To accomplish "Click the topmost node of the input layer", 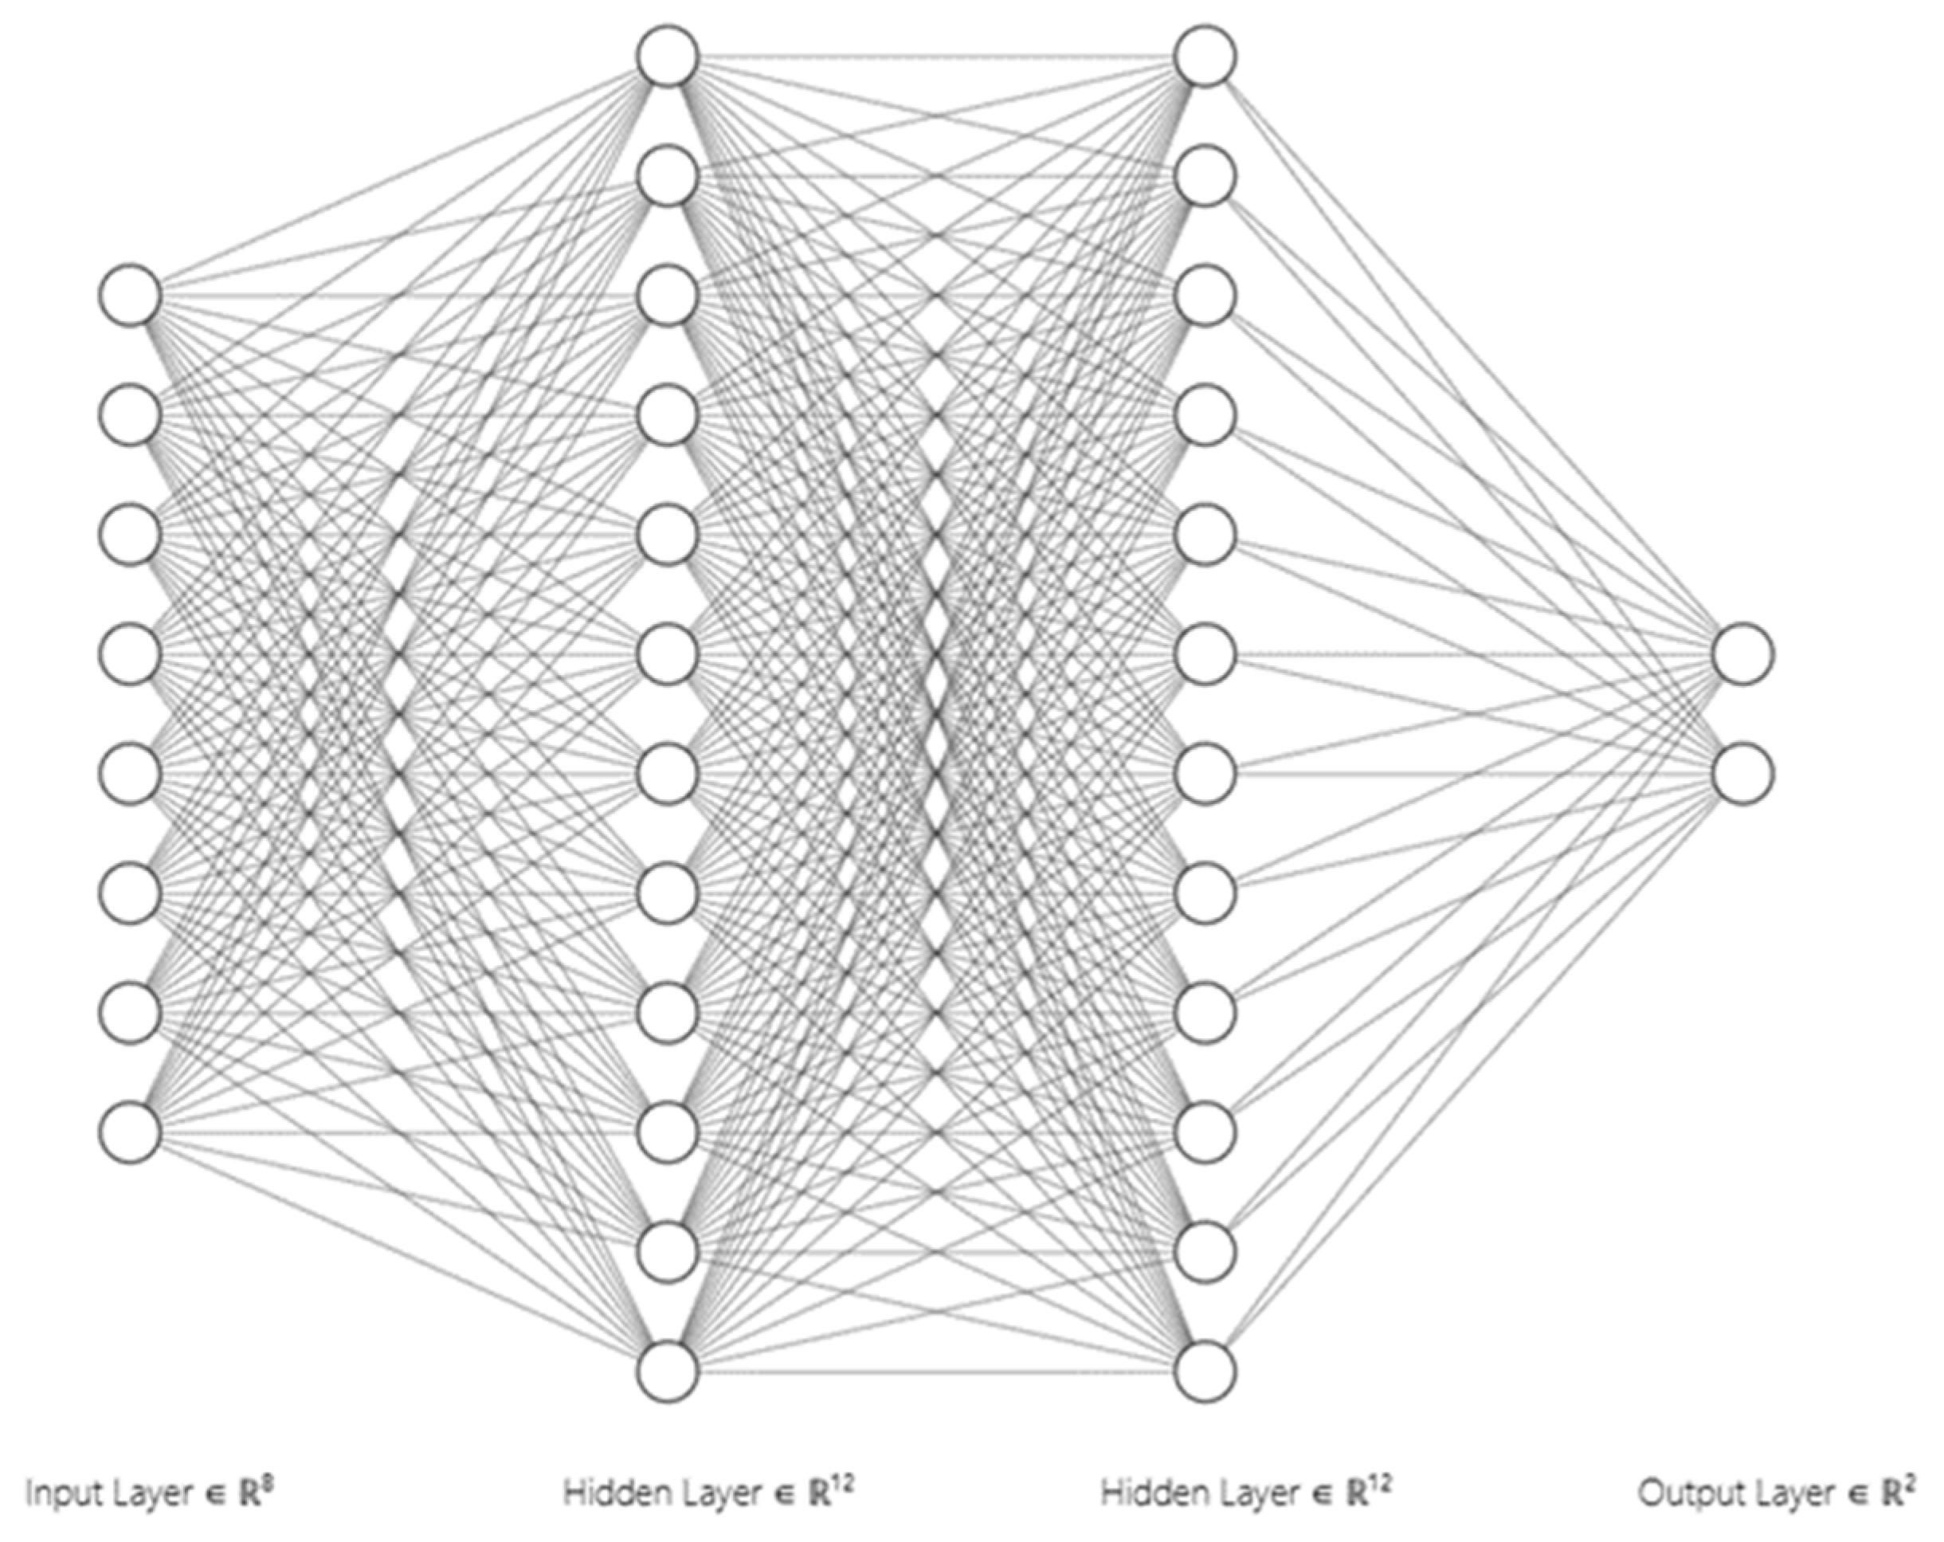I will [131, 295].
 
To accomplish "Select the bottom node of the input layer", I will [131, 1132].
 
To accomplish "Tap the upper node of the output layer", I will [1744, 653].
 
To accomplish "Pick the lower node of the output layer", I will [1744, 773].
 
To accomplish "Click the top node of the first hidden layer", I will [668, 56].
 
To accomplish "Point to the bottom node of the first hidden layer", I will [668, 1371].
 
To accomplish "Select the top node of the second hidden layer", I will [1205, 56].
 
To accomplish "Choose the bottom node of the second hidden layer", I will [1205, 1371].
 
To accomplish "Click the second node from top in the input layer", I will [131, 415].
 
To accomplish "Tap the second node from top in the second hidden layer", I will [1205, 176].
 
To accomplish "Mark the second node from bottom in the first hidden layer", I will [668, 1251].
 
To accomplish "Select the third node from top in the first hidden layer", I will [668, 295].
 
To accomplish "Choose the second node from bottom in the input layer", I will [131, 1013].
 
